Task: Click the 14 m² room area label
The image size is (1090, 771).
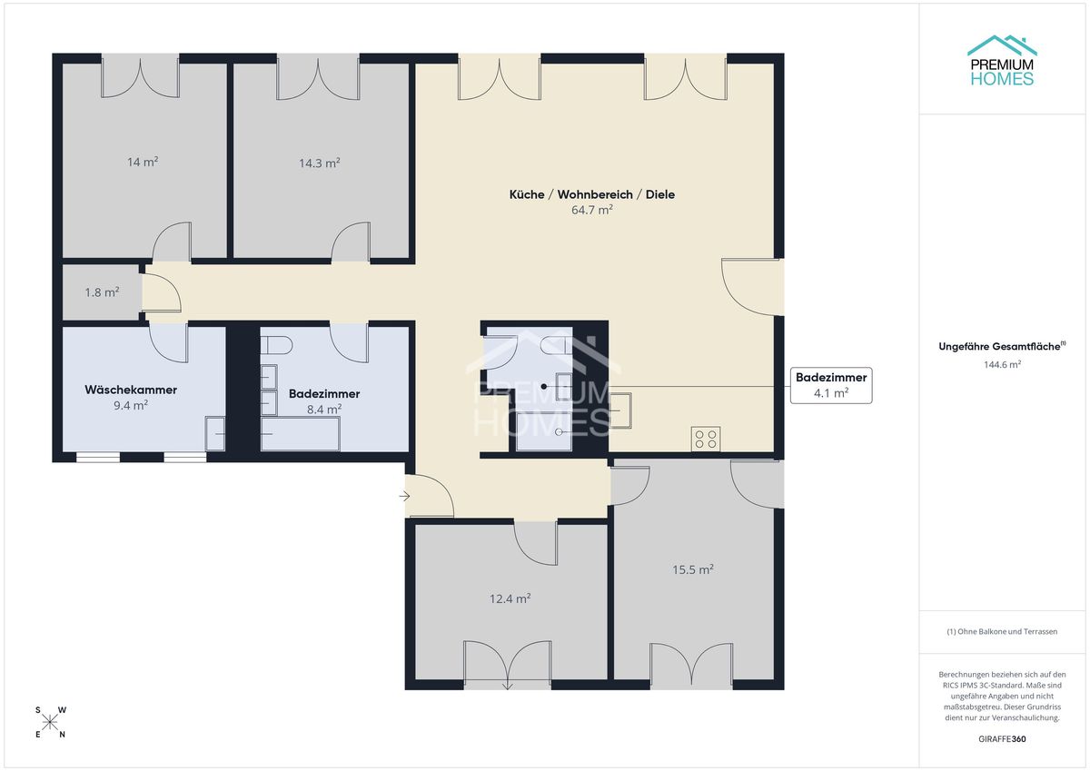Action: pos(143,162)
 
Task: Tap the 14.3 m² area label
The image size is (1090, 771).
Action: pos(319,163)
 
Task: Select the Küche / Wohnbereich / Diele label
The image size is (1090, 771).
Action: pos(591,194)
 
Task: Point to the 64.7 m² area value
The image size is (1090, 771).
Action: pos(591,210)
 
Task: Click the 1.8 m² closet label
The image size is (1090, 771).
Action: pos(102,292)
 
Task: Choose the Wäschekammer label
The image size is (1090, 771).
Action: pos(131,390)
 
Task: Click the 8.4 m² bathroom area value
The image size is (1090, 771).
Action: pos(324,409)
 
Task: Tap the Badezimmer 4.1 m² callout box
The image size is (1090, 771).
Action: pos(831,385)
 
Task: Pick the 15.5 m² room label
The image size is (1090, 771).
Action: pos(693,569)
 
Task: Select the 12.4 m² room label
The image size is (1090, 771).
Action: pos(510,598)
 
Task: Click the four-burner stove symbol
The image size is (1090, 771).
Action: pos(706,439)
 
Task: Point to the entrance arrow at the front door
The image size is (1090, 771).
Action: pos(404,496)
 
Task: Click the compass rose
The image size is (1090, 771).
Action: pos(50,722)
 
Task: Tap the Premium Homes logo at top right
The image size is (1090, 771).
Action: pos(1002,61)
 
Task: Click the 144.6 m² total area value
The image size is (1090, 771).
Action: pos(1002,364)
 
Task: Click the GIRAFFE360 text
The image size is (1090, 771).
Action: pos(1002,739)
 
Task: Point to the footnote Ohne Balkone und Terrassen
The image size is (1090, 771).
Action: pos(1002,631)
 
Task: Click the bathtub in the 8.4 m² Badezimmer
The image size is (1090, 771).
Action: pos(301,434)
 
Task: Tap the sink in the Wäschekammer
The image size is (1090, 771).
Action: pos(215,433)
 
